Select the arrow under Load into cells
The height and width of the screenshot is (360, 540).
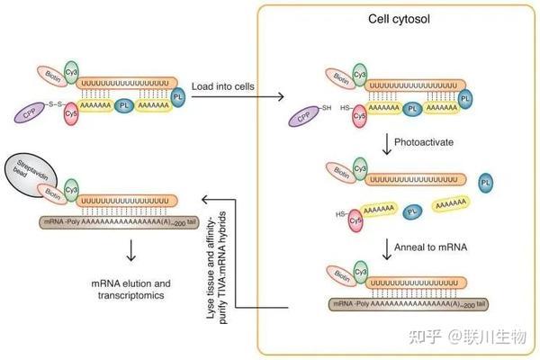coord(233,98)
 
